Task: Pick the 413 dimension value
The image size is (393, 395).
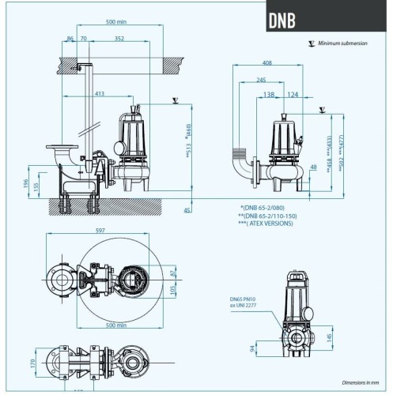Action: pyautogui.click(x=100, y=94)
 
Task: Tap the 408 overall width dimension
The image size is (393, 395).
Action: pyautogui.click(x=266, y=62)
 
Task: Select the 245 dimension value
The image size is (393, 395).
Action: pyautogui.click(x=260, y=80)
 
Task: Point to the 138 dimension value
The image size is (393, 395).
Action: pyautogui.click(x=269, y=95)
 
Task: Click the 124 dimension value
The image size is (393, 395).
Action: pyautogui.click(x=293, y=95)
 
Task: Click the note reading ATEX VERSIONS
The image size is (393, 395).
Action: pyautogui.click(x=266, y=224)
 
